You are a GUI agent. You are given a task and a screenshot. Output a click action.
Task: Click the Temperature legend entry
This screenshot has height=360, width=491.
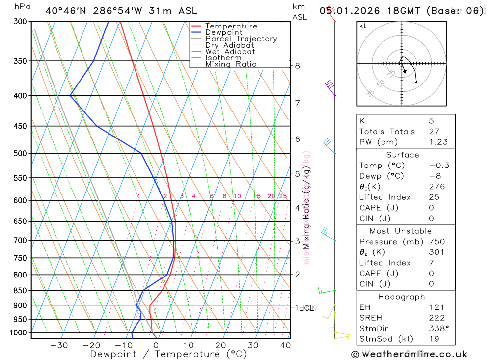coord(231,27)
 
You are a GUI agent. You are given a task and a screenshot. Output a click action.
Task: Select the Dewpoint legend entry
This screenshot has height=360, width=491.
coord(223,33)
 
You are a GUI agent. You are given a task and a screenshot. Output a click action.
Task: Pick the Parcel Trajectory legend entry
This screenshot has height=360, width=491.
coord(241,39)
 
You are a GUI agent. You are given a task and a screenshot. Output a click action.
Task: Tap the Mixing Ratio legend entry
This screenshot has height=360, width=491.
coord(231,64)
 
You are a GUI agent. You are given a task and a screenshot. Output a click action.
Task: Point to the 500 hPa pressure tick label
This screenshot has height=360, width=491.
coord(20,153)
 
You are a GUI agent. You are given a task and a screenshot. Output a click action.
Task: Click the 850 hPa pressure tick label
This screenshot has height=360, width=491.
coord(20,290)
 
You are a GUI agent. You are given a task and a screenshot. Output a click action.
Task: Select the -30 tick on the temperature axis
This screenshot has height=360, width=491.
coord(59,345)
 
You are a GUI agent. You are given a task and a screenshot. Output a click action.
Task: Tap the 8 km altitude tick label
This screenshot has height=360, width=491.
coord(297,65)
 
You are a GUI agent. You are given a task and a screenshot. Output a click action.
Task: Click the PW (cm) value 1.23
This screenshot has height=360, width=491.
coord(438,142)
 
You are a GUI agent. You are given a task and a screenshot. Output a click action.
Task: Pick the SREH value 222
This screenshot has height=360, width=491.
coord(436,318)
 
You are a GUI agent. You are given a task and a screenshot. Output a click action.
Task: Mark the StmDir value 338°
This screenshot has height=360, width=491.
coord(438,329)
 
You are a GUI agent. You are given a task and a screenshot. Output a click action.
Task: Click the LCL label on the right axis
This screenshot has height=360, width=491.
coord(306,308)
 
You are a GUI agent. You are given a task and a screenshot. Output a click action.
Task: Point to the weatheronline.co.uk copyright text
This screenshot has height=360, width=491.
coord(409,354)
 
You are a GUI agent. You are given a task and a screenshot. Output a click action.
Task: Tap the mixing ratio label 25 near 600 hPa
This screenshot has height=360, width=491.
coord(283,196)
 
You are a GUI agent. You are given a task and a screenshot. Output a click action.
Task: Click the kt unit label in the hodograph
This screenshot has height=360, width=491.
coord(363,26)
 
